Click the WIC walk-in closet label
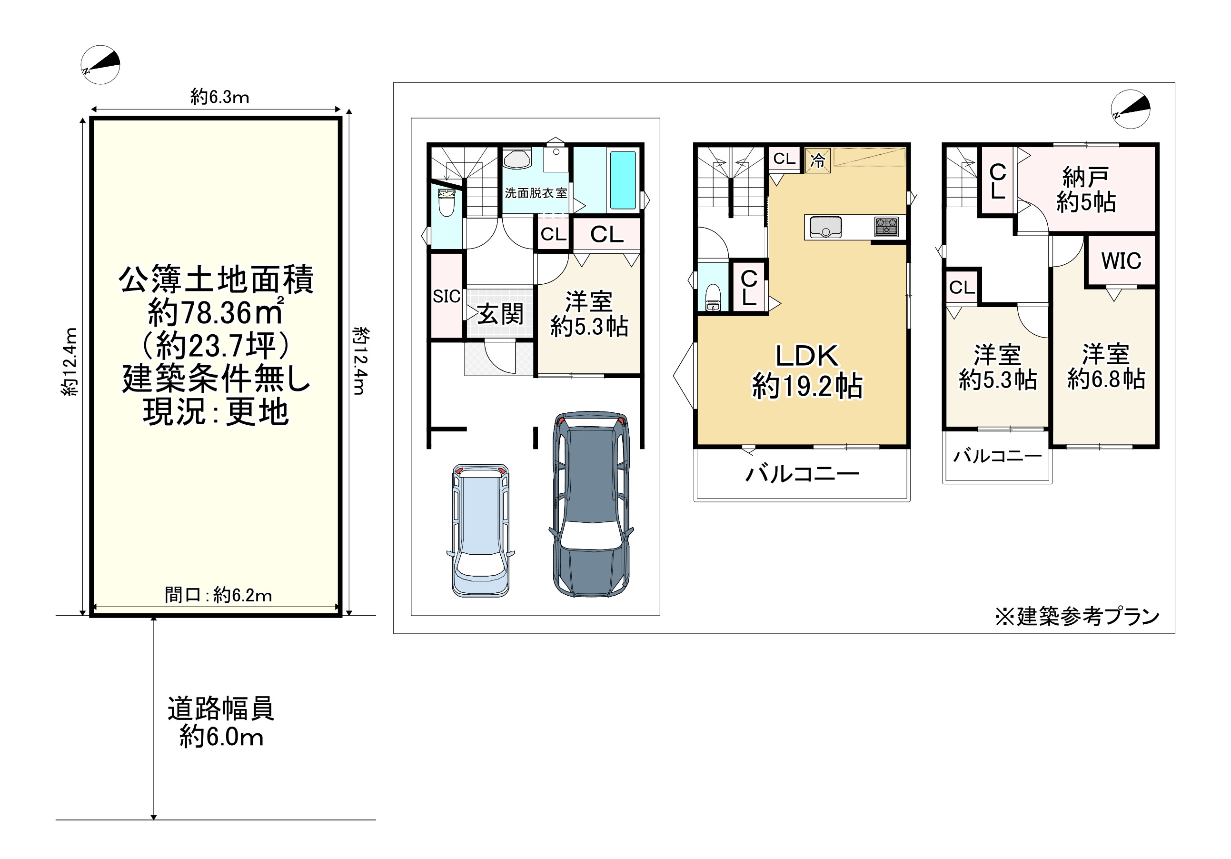pos(1121,261)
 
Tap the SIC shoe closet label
pos(447,296)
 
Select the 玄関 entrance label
pos(500,314)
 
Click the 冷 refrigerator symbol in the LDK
pos(818,160)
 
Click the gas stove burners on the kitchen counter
pos(886,226)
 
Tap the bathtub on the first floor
pos(623,180)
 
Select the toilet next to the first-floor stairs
pos(446,202)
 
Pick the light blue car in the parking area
pos(480,530)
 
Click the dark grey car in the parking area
pos(591,504)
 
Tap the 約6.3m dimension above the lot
pos(220,97)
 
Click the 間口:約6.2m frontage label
pos(218,595)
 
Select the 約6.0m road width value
pos(221,737)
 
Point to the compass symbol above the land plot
pos(100,65)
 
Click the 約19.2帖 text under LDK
pos(807,386)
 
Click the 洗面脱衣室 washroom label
pos(536,193)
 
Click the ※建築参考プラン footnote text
pos(1077,617)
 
